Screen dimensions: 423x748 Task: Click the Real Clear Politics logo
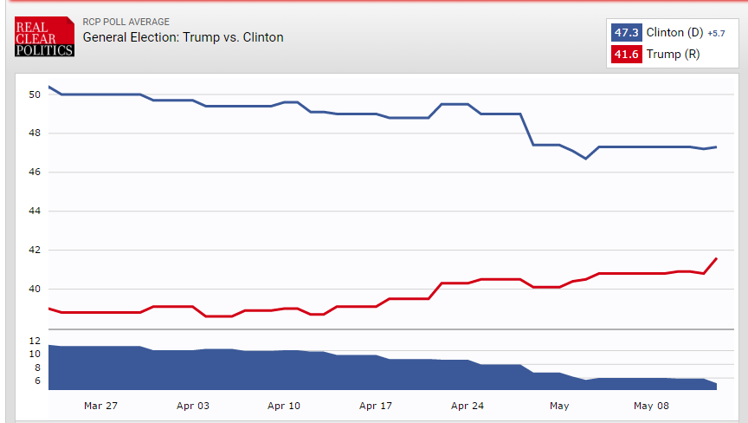pos(44,37)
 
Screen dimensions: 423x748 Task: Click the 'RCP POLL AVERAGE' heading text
pos(126,22)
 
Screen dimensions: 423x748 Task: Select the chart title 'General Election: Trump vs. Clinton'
pos(183,37)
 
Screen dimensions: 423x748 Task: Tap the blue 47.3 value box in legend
pos(626,33)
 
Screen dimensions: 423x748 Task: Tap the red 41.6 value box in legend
pos(626,54)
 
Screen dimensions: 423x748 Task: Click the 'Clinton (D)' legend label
pos(674,33)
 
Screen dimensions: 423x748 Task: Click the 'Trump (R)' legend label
pos(673,54)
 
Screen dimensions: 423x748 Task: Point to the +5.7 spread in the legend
pos(716,34)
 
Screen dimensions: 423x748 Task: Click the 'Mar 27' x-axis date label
pos(100,405)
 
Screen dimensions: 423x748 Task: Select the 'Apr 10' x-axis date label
pos(284,405)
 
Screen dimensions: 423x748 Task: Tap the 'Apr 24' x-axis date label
pos(467,405)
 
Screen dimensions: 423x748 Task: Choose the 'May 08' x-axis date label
pos(650,405)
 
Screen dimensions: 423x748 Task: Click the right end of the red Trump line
pos(717,258)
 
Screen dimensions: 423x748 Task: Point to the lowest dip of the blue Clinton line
pos(586,159)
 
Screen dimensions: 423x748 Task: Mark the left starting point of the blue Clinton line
pos(48,87)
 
